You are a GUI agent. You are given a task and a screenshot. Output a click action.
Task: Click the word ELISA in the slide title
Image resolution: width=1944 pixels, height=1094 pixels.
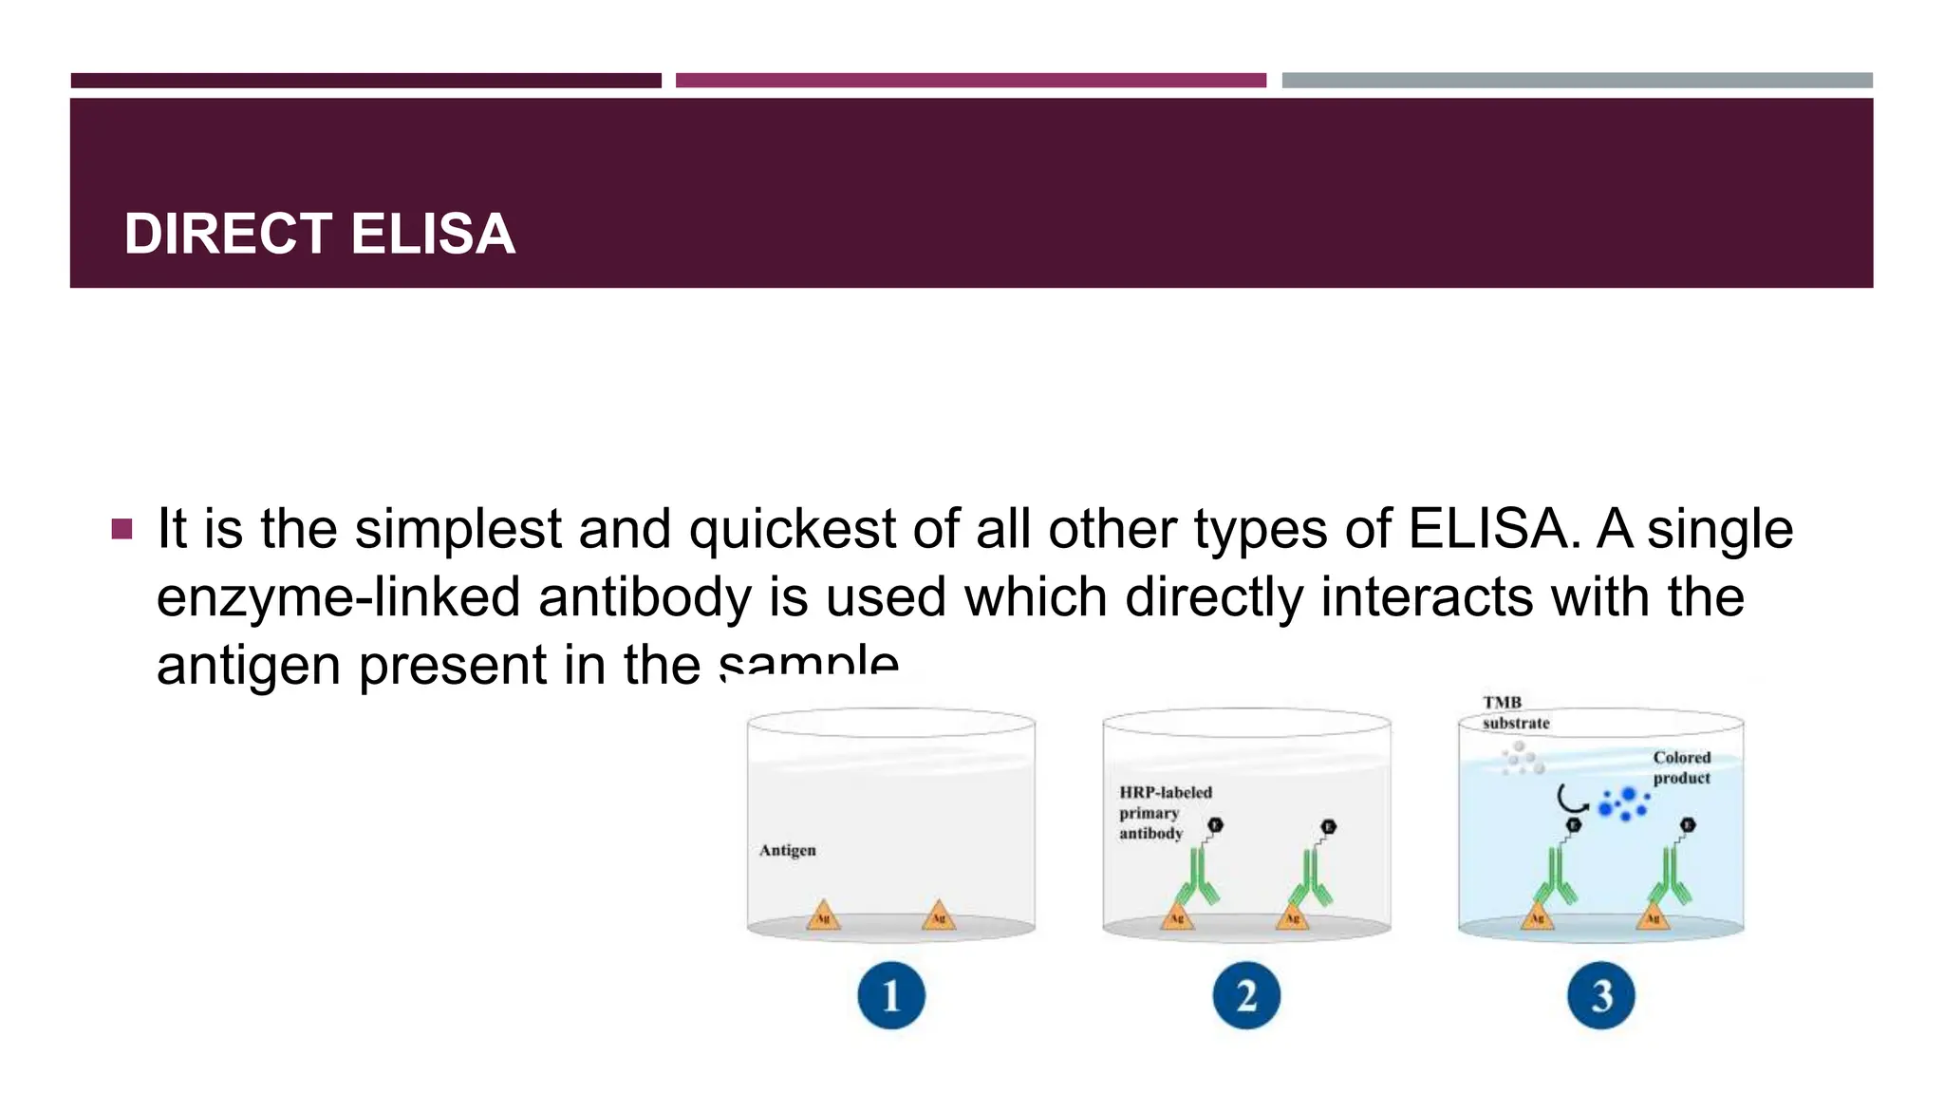433,234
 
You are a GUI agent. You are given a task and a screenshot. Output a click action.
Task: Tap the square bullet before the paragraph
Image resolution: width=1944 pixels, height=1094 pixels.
121,528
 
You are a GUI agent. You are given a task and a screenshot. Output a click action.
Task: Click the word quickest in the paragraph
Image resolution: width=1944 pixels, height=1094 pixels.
793,529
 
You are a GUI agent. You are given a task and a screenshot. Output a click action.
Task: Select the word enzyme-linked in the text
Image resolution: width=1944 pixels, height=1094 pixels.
338,597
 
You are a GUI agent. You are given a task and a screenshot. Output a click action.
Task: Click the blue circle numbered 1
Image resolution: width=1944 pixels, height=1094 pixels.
890,995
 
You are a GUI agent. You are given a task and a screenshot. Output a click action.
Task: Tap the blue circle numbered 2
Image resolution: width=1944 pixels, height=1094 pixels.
1246,995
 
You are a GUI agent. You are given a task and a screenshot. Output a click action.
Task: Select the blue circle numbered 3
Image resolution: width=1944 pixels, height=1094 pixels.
1600,995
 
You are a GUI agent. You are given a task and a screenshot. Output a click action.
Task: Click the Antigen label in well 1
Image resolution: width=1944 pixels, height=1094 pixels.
787,850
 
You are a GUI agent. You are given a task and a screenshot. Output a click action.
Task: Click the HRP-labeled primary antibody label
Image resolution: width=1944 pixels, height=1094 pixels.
1164,813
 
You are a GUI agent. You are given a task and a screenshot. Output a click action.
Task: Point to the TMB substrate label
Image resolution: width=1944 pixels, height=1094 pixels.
1515,712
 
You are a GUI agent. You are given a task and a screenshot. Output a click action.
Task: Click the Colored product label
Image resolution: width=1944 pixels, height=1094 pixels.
1681,767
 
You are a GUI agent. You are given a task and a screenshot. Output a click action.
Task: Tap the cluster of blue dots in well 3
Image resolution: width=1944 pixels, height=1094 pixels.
1623,804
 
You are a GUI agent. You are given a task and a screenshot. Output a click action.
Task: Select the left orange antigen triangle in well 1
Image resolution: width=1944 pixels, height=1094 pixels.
823,915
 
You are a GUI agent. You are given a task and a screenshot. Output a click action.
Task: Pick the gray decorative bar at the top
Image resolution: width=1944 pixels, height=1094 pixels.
1577,81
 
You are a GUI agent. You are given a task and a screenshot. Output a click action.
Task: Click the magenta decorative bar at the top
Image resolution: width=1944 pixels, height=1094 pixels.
970,81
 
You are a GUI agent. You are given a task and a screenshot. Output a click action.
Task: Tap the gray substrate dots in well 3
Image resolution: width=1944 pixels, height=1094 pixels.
1522,759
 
